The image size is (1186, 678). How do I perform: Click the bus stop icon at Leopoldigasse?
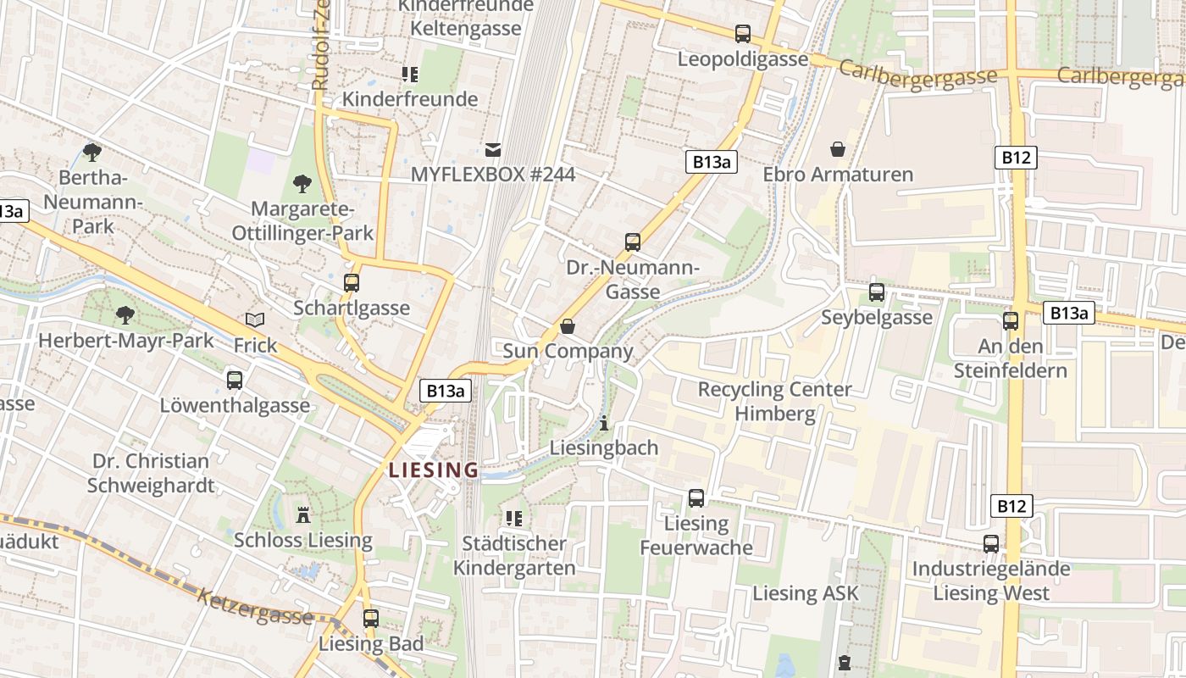coord(743,34)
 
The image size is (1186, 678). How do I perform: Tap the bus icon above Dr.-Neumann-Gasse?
coord(633,242)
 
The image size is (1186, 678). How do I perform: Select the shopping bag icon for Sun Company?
coord(568,326)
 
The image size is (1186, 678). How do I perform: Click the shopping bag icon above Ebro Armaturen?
coord(838,149)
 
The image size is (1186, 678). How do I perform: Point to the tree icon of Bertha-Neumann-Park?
coord(92,153)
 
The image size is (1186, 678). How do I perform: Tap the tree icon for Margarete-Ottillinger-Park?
coord(302,183)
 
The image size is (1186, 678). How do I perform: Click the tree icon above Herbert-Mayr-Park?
coord(125,315)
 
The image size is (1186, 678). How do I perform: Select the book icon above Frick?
coord(255,320)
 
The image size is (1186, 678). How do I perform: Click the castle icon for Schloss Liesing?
coord(303,514)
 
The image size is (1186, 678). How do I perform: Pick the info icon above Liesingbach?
coord(603,423)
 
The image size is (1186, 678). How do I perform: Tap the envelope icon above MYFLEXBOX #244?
coord(493,150)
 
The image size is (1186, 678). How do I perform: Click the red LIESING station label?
coord(434,470)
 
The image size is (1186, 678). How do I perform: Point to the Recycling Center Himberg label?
coord(774,402)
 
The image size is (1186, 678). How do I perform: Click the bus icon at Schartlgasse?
coord(352,283)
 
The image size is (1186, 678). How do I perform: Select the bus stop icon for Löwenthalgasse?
coord(235,381)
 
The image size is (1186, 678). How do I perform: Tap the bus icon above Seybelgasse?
coord(877,292)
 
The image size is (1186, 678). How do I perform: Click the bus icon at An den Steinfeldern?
coord(1011,321)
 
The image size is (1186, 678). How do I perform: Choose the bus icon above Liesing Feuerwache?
coord(696,498)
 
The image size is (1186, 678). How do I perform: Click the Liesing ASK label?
coord(806,593)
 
